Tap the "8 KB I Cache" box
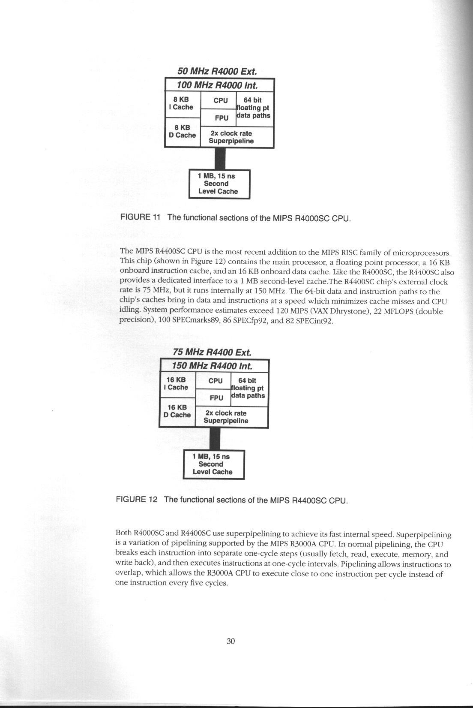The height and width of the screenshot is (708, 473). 182,104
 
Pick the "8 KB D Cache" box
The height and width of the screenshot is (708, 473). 182,132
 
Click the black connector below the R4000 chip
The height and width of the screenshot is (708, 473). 220,159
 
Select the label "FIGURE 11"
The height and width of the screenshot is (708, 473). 141,217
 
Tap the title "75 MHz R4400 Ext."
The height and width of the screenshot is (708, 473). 212,352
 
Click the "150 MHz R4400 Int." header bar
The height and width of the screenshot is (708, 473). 212,366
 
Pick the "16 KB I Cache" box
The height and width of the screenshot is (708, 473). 177,384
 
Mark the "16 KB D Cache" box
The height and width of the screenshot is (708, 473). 177,412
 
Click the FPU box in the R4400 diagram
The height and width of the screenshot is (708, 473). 216,398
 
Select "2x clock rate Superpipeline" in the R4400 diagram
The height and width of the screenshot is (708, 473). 226,417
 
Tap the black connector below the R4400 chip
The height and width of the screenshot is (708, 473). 214,438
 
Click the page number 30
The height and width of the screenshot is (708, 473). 231,642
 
